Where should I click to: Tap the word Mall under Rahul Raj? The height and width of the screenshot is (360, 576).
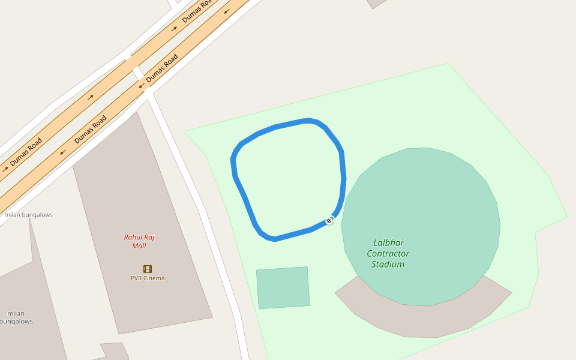coord(139,246)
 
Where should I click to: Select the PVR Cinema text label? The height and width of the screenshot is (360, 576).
coord(148,278)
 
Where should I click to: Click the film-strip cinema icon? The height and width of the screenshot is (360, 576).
coord(148,269)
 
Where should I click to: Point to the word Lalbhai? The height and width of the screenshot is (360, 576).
coord(388,243)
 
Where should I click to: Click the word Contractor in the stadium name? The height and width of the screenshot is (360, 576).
coord(388,253)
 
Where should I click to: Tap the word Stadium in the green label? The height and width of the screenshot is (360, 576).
coord(388,264)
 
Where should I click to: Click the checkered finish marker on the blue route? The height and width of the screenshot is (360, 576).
coord(329,221)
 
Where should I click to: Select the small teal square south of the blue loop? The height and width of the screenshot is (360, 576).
coord(283,287)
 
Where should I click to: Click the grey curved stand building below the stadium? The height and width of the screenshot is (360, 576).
coord(420,318)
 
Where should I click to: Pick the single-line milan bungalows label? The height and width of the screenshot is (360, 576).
coord(28,215)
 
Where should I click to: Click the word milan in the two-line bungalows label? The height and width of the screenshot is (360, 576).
coord(16,313)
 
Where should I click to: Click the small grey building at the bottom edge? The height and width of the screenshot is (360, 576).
coord(115,351)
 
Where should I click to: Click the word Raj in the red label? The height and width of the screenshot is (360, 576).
coord(149,237)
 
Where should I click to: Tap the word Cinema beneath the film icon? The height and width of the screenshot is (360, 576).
coord(154,278)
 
